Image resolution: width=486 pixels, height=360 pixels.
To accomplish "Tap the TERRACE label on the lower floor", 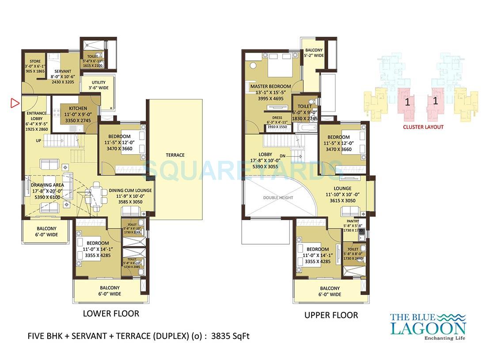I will click(175, 155).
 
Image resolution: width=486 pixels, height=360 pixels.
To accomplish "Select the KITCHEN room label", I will click(78, 108).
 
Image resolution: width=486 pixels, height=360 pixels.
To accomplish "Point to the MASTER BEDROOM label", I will click(270, 86).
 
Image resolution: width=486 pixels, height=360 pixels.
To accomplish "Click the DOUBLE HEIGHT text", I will click(278, 197).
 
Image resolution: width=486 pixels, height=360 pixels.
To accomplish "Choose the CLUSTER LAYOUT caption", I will click(423, 127).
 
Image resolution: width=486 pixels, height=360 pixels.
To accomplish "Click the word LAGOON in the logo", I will click(428, 328).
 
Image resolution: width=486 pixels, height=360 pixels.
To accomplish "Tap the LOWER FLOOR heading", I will click(111, 314).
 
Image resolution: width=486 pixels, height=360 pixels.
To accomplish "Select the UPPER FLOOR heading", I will click(331, 315).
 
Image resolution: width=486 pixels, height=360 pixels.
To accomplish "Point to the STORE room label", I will click(35, 61).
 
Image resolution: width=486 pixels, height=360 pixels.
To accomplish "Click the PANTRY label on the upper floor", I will click(353, 221).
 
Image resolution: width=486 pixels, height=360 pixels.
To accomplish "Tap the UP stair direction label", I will click(39, 140).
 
